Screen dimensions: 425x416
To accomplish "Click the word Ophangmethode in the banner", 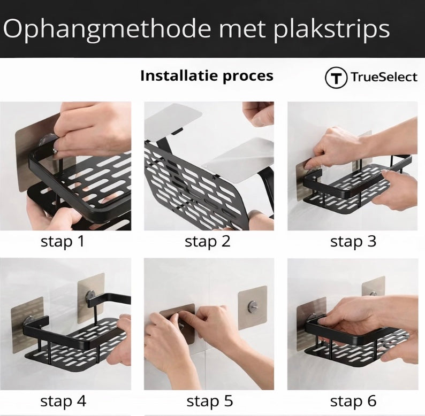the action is [x=107, y=29].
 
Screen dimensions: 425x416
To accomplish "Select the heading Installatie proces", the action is [x=207, y=76].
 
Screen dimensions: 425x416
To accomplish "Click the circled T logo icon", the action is [x=336, y=78].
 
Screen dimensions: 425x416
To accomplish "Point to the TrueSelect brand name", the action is [x=384, y=77].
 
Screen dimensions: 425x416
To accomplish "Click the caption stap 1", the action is [x=63, y=241].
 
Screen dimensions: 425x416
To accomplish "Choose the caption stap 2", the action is [x=207, y=241].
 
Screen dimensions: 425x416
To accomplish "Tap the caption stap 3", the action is [x=353, y=241].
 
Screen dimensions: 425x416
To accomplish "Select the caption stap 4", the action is [x=63, y=401].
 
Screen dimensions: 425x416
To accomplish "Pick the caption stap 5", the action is [x=209, y=401].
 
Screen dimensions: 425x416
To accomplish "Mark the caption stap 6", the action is [x=353, y=401].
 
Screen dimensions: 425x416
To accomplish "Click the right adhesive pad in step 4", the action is [x=91, y=298].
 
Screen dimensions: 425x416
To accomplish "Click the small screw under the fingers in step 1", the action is [x=55, y=151].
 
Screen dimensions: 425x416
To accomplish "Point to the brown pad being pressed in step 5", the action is [x=178, y=323].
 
